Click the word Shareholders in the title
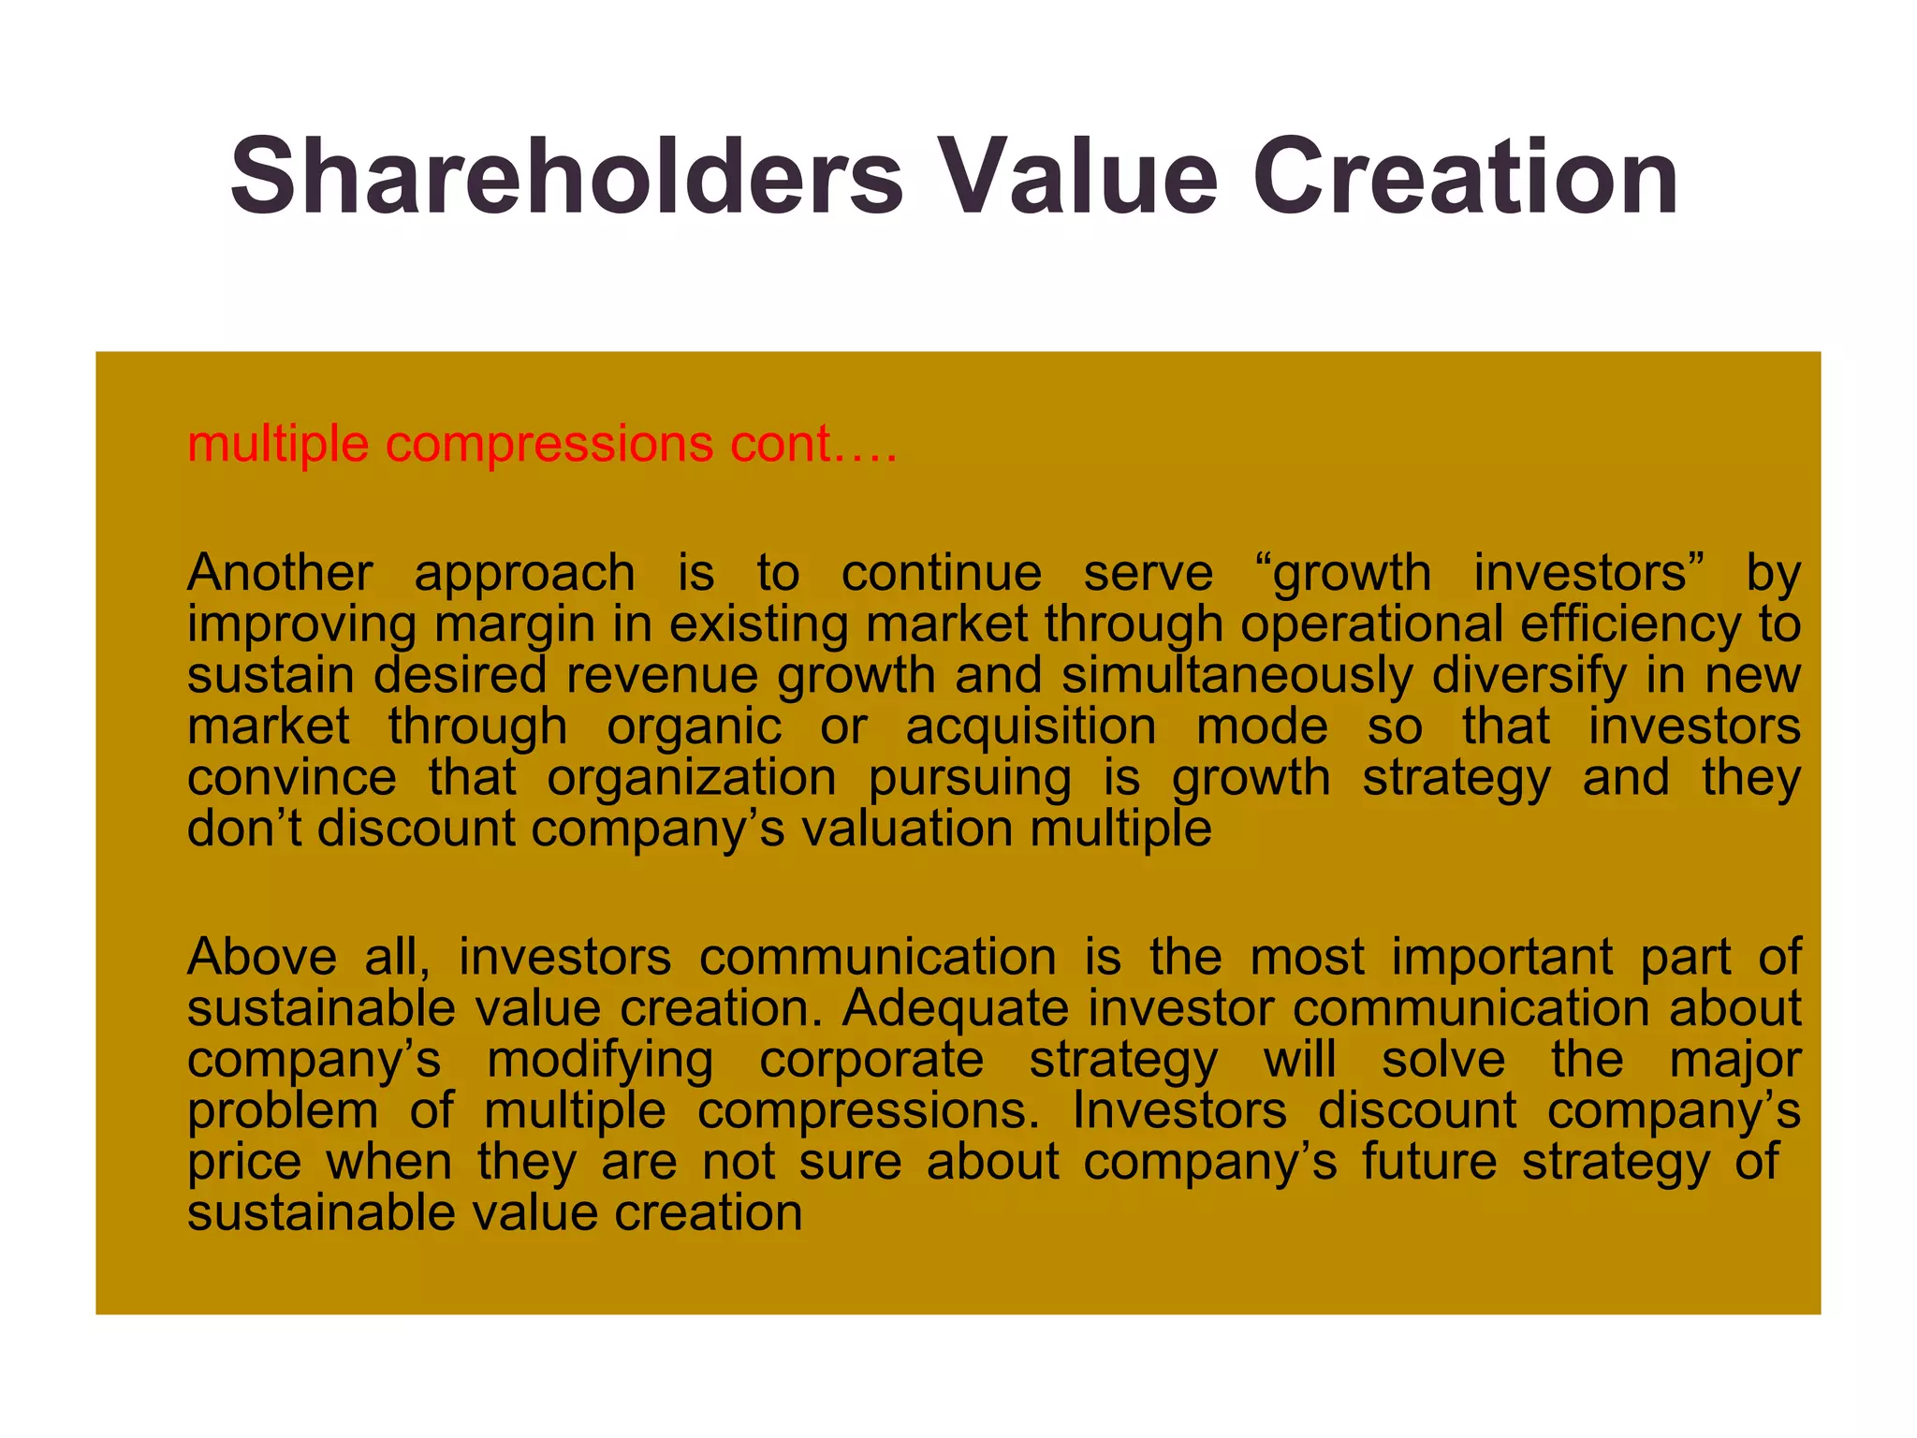click(x=566, y=177)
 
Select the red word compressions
click(x=549, y=444)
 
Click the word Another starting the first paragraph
click(x=280, y=572)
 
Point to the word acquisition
click(x=1031, y=726)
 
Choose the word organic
click(x=694, y=726)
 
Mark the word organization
click(x=692, y=778)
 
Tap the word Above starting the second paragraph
click(x=262, y=957)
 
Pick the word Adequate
click(x=955, y=1008)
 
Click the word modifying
click(x=600, y=1060)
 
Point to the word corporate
click(x=871, y=1060)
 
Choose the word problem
click(x=283, y=1111)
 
